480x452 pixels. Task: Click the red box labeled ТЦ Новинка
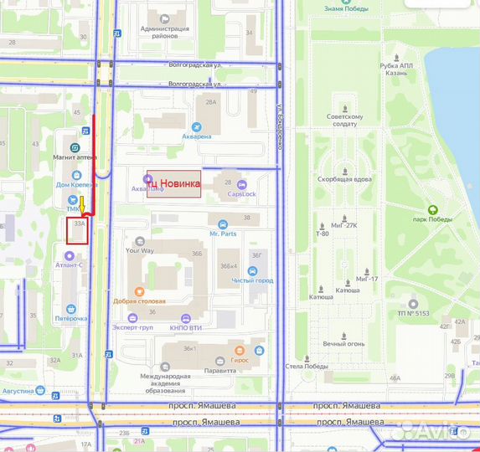tap(173, 183)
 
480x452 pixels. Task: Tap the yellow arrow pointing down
tap(82, 204)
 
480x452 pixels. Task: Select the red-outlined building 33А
tap(77, 230)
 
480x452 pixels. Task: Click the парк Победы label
tap(432, 220)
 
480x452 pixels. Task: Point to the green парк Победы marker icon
tap(432, 208)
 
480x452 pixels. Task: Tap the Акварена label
tap(197, 136)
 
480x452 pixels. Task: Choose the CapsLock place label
tap(241, 194)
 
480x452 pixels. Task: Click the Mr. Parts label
tap(223, 234)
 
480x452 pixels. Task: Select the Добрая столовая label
tap(140, 300)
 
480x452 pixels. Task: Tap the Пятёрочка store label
tap(71, 318)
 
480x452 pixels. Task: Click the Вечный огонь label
tap(343, 343)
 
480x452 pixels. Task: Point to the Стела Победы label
tap(305, 366)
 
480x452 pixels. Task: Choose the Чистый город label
tap(252, 280)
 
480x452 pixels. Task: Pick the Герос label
tap(240, 360)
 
